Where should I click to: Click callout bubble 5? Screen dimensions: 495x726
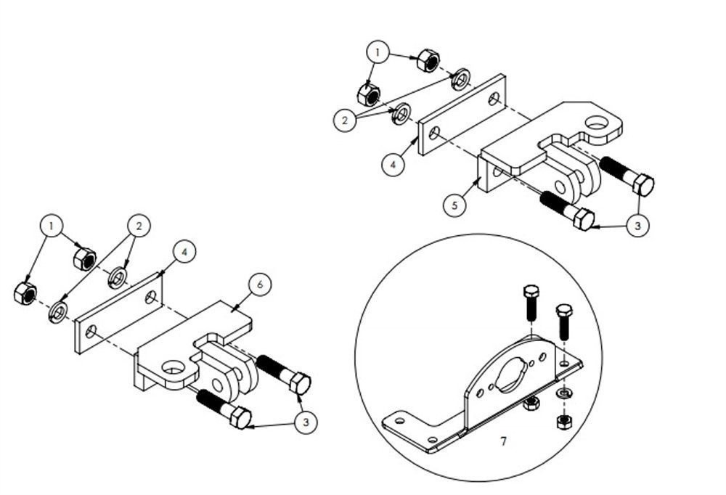coord(454,205)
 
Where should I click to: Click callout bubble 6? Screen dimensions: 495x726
coord(259,285)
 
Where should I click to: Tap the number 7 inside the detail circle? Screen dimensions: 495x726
coord(503,441)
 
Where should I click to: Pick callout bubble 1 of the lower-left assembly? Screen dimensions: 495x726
coord(50,226)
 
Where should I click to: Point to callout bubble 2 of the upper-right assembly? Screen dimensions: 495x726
coord(346,120)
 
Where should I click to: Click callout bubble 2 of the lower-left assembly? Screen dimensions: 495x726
coord(137,226)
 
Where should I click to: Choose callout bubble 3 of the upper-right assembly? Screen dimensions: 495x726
coord(637,226)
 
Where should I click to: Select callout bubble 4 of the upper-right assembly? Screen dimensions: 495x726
coord(393,165)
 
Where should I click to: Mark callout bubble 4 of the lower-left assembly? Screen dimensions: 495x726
coord(184,252)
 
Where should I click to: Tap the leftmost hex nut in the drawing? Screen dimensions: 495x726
coord(25,293)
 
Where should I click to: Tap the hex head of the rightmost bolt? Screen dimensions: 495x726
coord(643,184)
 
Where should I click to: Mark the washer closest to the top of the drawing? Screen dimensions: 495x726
coord(460,80)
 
